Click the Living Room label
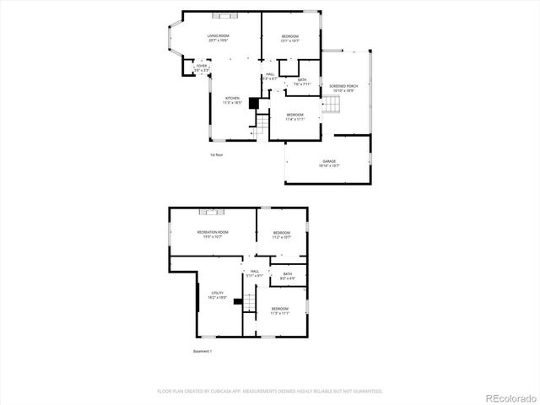(219, 37)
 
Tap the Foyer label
(202, 67)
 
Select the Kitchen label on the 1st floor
(232, 100)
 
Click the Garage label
(329, 163)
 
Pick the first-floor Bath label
(301, 82)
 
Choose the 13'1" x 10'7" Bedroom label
(290, 38)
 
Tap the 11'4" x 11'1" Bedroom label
(294, 116)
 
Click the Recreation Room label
(213, 233)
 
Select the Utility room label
(218, 295)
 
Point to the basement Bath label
(288, 275)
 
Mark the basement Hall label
(254, 273)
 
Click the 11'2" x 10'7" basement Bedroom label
(281, 235)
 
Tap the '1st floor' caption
(217, 154)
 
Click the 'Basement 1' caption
(202, 351)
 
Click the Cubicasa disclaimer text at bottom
(270, 391)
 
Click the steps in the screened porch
(332, 105)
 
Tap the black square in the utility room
(239, 300)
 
